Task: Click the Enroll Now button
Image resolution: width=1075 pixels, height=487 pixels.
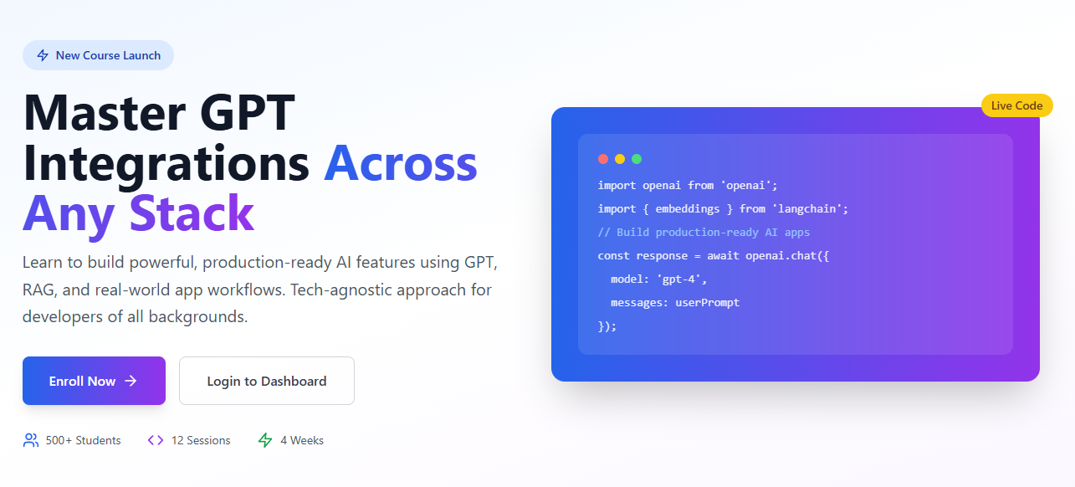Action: click(x=94, y=381)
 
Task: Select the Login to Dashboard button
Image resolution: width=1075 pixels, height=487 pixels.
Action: click(x=267, y=381)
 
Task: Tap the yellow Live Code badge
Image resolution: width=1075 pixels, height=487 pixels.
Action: click(x=1017, y=105)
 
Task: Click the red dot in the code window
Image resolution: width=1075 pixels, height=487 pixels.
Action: click(x=603, y=159)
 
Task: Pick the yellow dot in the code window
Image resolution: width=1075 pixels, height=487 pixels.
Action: click(x=620, y=159)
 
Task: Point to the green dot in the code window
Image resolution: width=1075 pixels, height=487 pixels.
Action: click(x=637, y=159)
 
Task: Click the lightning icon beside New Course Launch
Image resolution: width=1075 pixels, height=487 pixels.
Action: click(x=43, y=55)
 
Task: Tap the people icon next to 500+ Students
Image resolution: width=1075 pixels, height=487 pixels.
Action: click(x=31, y=440)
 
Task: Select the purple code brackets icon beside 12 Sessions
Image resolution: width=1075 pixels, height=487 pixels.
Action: click(x=156, y=440)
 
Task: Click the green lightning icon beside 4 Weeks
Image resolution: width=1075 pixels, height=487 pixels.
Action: click(x=265, y=440)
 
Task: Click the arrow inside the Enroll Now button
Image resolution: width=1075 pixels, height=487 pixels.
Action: click(x=131, y=381)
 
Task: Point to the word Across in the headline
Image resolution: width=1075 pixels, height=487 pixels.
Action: click(x=401, y=164)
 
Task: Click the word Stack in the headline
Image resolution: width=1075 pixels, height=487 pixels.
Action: click(x=192, y=213)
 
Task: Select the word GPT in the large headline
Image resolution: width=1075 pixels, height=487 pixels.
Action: click(x=247, y=113)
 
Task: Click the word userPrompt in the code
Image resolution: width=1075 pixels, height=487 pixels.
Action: click(x=708, y=303)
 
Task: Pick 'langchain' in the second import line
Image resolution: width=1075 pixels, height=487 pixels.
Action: click(x=810, y=208)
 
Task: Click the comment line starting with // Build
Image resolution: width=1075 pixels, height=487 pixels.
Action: click(x=704, y=233)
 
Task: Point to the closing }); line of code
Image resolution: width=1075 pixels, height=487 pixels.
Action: click(x=607, y=326)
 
